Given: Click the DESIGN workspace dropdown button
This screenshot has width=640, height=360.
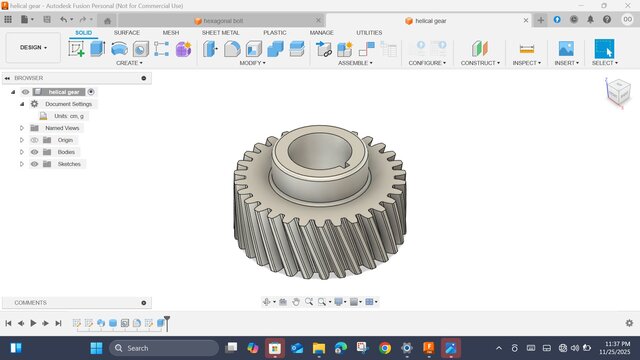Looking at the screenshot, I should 33,47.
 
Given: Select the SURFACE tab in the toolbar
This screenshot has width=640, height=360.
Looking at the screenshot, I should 127,32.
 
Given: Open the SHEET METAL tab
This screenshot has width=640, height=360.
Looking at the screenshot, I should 220,32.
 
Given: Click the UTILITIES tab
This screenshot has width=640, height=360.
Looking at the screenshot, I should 369,32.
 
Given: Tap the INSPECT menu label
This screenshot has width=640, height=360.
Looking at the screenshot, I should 525,63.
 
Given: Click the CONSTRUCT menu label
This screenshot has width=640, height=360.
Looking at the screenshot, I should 480,63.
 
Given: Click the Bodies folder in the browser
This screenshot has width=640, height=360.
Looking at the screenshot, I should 66,152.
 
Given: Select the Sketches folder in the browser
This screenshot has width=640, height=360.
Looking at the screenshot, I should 69,164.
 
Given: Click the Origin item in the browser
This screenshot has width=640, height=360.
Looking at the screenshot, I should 65,140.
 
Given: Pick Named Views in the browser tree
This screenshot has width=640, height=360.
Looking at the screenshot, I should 62,128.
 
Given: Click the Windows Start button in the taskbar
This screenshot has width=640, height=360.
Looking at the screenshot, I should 96,348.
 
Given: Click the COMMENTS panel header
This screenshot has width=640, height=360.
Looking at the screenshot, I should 30,302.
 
